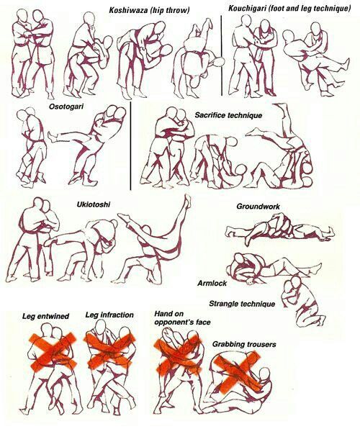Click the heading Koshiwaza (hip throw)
[149, 11]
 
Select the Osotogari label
[66, 106]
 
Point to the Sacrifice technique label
[228, 115]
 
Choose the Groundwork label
[258, 207]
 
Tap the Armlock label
[212, 283]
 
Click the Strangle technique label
[242, 304]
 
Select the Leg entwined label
[45, 316]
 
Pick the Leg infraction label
[109, 315]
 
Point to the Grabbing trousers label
[244, 344]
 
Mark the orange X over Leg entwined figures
[53, 351]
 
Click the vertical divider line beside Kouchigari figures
[222, 55]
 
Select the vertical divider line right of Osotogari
[130, 146]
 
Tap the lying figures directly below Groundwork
[279, 230]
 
